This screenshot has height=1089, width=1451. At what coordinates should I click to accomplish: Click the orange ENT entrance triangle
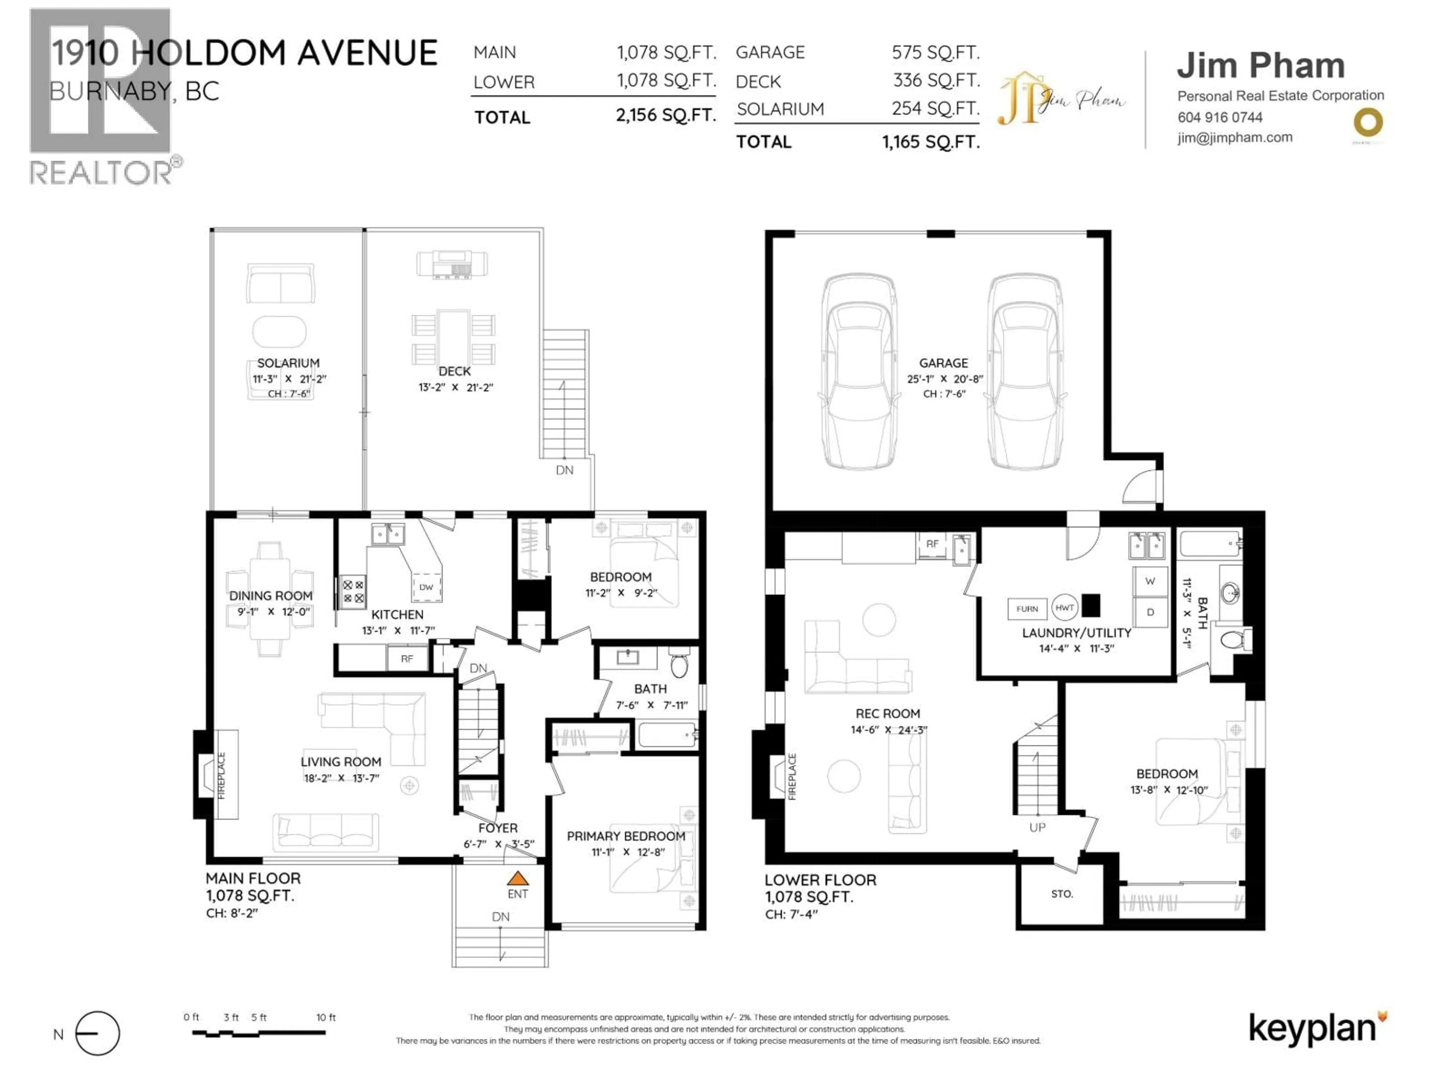518,878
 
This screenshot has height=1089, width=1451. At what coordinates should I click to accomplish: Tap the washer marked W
1150,581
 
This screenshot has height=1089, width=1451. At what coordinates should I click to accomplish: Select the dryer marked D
1150,612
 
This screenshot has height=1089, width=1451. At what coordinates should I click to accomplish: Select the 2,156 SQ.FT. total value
665,116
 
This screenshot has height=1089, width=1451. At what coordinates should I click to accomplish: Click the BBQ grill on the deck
452,264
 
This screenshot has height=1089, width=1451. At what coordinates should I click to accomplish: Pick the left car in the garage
858,372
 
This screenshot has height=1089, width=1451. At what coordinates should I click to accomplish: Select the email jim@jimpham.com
1234,138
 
